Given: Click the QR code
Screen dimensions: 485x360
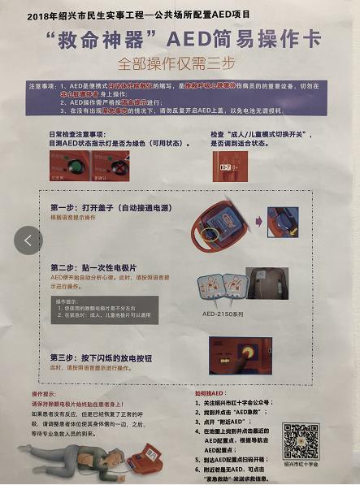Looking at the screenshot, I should [x=302, y=441].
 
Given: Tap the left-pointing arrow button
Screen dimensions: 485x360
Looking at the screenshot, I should [x=28, y=240].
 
